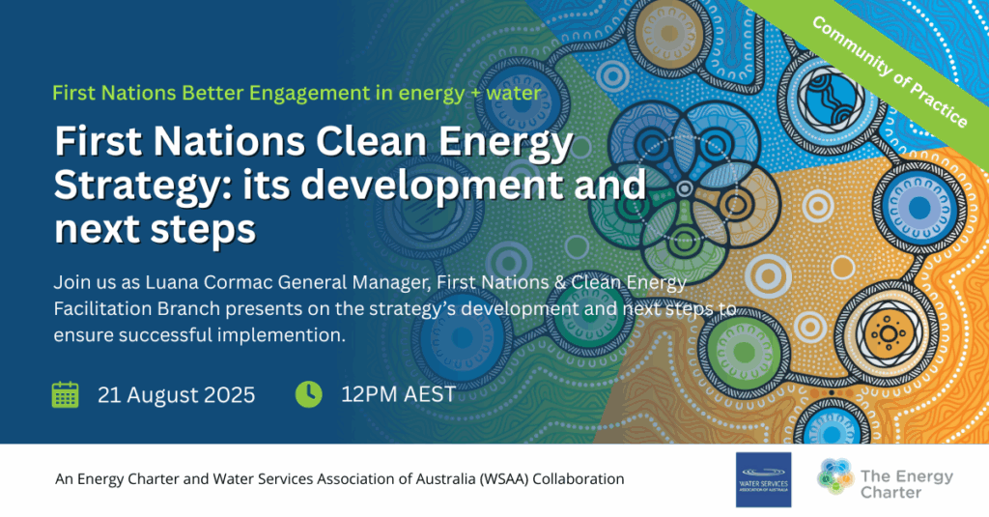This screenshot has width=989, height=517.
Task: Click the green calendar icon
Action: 65,394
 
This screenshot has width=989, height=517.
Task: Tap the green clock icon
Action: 308,394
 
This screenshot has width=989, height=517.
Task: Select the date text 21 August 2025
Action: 176,395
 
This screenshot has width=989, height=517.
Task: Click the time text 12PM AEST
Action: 398,394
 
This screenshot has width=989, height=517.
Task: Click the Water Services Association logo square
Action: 763,479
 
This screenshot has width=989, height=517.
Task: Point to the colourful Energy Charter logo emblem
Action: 835,476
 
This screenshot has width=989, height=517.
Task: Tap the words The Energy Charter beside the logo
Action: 906,484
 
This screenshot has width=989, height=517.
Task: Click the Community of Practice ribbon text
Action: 890,71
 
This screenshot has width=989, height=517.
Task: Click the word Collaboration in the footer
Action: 579,479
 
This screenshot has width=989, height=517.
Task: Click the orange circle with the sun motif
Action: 889,333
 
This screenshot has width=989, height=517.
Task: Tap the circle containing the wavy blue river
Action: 827,100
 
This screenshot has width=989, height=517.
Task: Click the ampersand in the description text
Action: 560,282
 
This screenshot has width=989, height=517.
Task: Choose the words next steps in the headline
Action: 155,229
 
